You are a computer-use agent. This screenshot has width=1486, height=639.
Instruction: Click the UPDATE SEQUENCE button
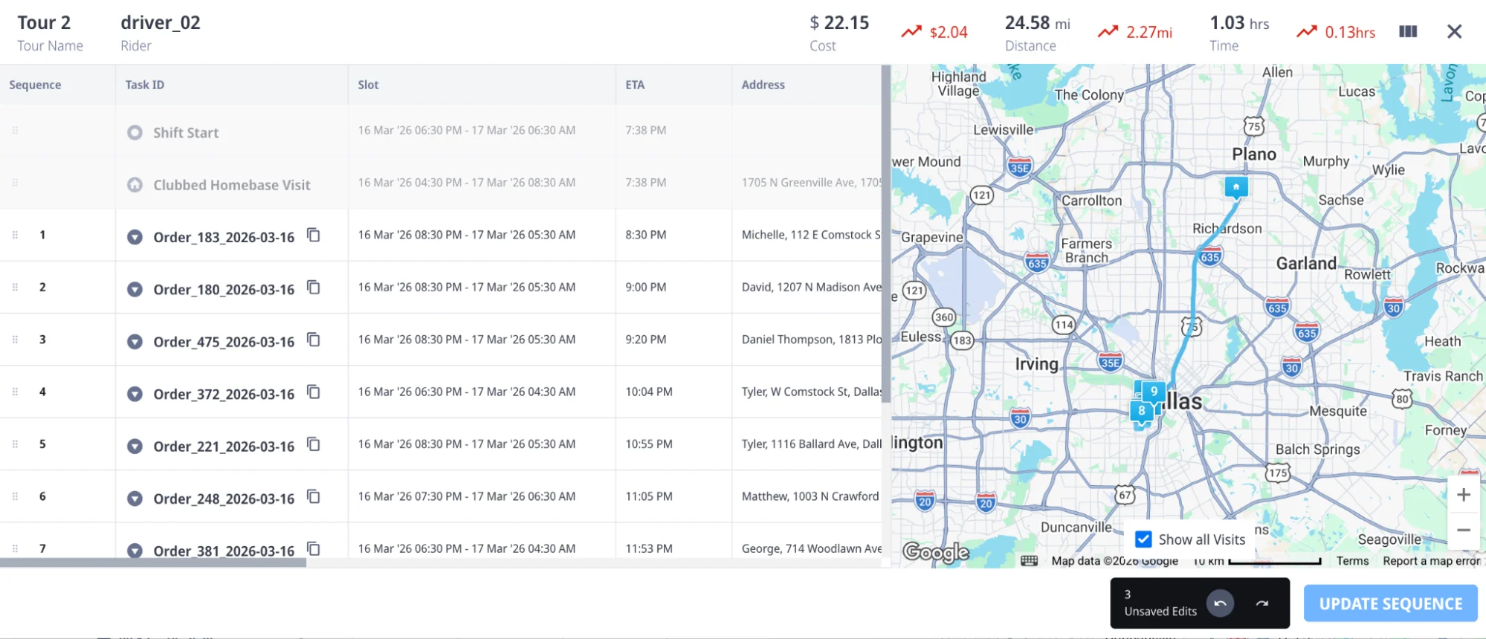pyautogui.click(x=1390, y=603)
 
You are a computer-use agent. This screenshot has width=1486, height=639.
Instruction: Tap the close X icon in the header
pyautogui.click(x=1454, y=31)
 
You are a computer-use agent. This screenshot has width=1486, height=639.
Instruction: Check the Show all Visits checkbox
pyautogui.click(x=1143, y=539)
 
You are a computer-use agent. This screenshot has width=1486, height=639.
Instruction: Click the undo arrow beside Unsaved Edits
pyautogui.click(x=1220, y=603)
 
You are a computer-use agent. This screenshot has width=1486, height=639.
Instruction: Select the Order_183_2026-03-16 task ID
pyautogui.click(x=224, y=237)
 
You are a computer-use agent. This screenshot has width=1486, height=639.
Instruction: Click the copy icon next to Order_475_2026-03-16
pyautogui.click(x=314, y=340)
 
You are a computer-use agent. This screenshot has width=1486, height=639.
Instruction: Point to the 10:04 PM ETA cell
pyautogui.click(x=649, y=392)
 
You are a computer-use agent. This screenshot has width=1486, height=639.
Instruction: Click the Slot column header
pyautogui.click(x=368, y=85)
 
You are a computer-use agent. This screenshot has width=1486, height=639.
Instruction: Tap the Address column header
pyautogui.click(x=763, y=85)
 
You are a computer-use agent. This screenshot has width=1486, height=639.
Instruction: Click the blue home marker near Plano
pyautogui.click(x=1235, y=186)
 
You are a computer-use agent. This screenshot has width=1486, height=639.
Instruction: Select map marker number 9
pyautogui.click(x=1154, y=391)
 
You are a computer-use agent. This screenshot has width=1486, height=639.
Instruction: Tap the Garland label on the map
pyautogui.click(x=1306, y=263)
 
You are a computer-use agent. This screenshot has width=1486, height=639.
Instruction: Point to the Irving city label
pyautogui.click(x=1036, y=364)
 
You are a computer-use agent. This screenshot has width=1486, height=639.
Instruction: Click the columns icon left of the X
pyautogui.click(x=1408, y=31)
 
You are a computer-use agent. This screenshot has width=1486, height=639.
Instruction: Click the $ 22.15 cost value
pyautogui.click(x=839, y=23)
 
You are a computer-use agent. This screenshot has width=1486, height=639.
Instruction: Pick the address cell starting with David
pyautogui.click(x=811, y=287)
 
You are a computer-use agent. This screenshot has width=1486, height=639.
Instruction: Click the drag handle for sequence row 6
pyautogui.click(x=15, y=496)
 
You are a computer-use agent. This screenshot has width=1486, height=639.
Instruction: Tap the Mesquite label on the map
pyautogui.click(x=1338, y=411)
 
